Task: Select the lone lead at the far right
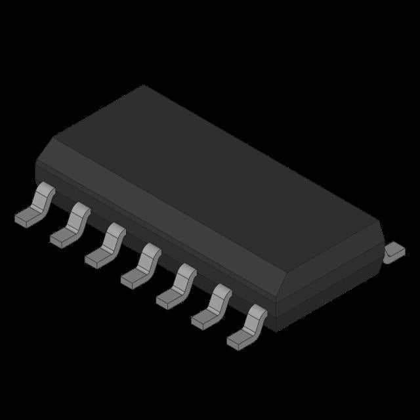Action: (394, 251)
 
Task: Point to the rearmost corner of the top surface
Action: (143, 86)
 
